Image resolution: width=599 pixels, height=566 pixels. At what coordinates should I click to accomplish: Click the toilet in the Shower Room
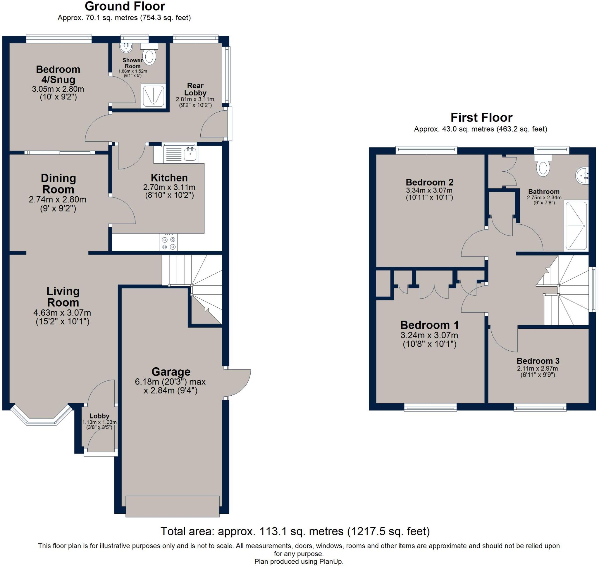pyautogui.click(x=149, y=56)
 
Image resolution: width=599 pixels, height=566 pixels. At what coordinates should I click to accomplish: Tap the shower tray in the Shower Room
pyautogui.click(x=154, y=96)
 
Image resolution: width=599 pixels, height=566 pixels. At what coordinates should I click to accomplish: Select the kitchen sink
pyautogui.click(x=190, y=154)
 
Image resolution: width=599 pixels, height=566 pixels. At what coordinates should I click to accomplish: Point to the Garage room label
pyautogui.click(x=171, y=372)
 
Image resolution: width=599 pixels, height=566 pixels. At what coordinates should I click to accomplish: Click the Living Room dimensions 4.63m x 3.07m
pyautogui.click(x=62, y=313)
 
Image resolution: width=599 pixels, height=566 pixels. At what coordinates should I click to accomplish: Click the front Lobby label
pyautogui.click(x=99, y=416)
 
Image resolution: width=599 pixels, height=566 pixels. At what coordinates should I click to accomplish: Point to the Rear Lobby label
pyautogui.click(x=195, y=89)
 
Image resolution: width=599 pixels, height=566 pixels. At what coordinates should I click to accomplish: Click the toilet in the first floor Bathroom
pyautogui.click(x=543, y=167)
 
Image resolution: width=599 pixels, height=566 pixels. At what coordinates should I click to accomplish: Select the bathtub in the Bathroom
pyautogui.click(x=576, y=226)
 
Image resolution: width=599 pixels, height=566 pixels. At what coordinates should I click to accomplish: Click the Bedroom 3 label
pyautogui.click(x=538, y=361)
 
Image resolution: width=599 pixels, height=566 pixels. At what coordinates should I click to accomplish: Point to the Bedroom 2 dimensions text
pyautogui.click(x=429, y=194)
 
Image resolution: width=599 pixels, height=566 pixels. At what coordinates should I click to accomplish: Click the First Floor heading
pyautogui.click(x=481, y=117)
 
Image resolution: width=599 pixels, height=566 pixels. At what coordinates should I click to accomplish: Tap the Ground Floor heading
pyautogui.click(x=125, y=6)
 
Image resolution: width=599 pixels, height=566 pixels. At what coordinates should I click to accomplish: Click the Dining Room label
pyautogui.click(x=58, y=184)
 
